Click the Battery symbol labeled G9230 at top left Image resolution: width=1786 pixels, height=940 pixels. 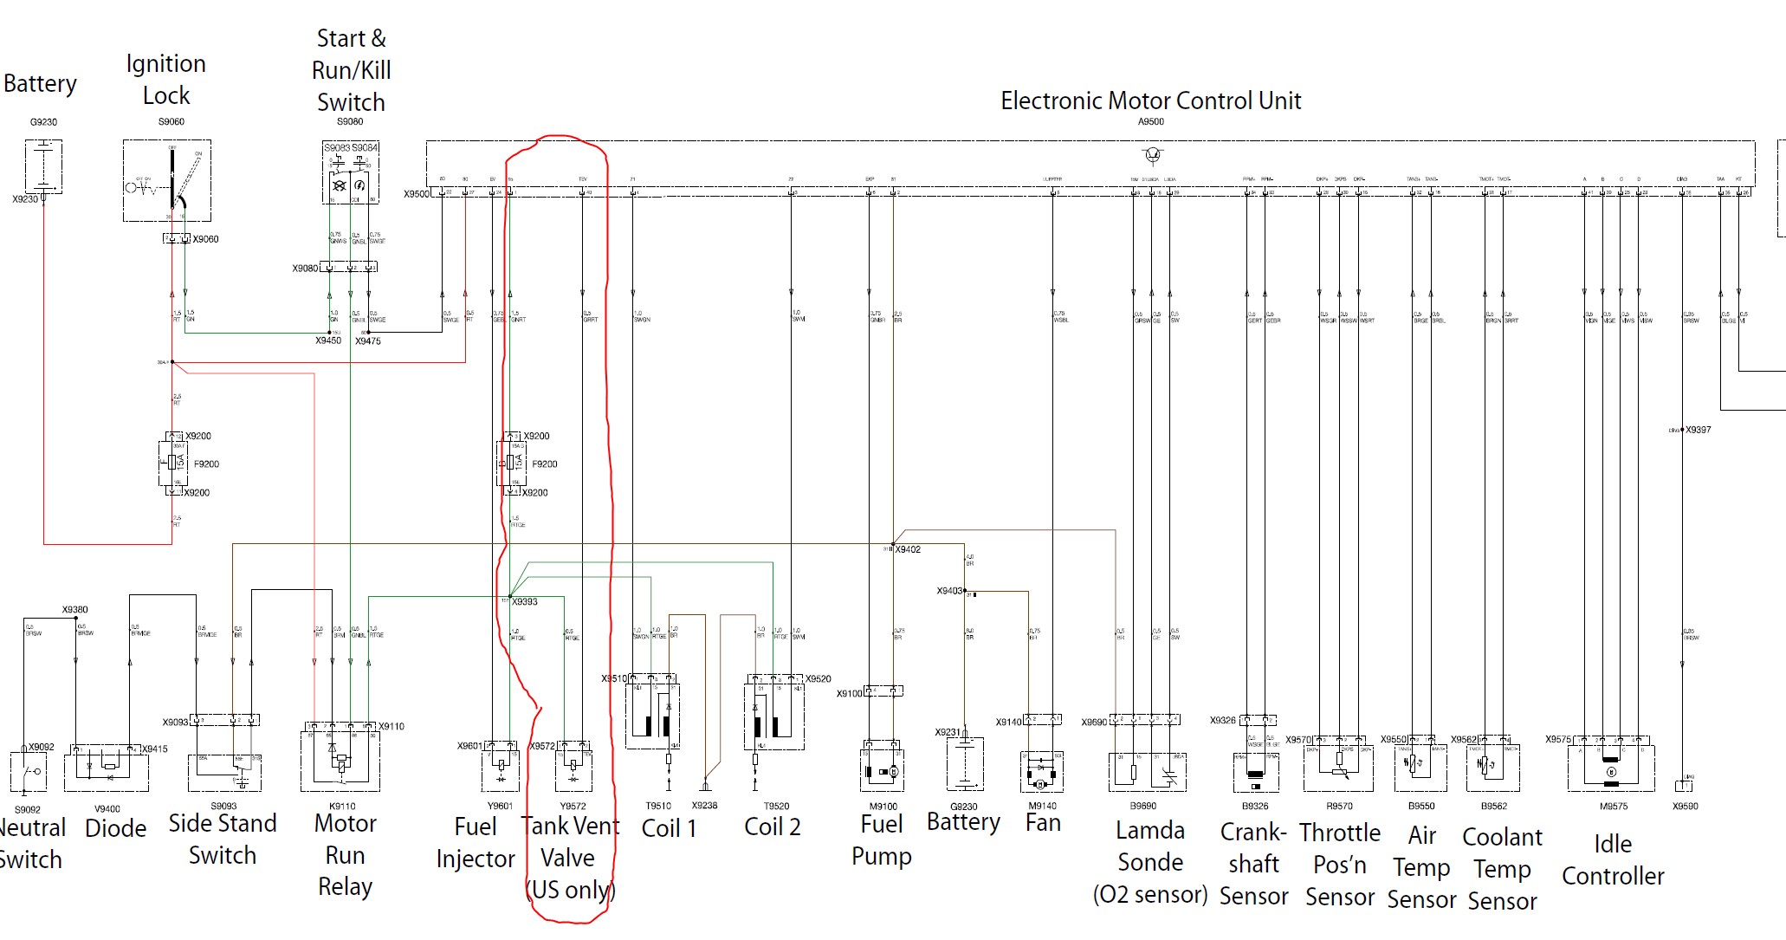pyautogui.click(x=43, y=167)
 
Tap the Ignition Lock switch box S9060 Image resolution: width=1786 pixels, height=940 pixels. pyautogui.click(x=167, y=180)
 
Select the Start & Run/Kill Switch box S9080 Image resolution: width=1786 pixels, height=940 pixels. pyautogui.click(x=350, y=173)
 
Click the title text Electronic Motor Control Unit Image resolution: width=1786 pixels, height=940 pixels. pyautogui.click(x=1150, y=100)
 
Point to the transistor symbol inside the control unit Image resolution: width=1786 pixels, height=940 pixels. pyautogui.click(x=1152, y=155)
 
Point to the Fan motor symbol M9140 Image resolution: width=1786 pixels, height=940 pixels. pyautogui.click(x=1042, y=771)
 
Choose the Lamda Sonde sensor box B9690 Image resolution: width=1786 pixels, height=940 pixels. pyautogui.click(x=1147, y=771)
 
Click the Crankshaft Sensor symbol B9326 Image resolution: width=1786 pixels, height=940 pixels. pyautogui.click(x=1255, y=770)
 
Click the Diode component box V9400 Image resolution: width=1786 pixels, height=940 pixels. pyautogui.click(x=107, y=769)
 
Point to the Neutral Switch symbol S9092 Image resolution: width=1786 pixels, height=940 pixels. pyautogui.click(x=29, y=772)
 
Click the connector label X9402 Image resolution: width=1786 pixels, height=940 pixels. pyautogui.click(x=908, y=549)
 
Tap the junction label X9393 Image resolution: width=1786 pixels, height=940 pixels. pyautogui.click(x=524, y=601)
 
